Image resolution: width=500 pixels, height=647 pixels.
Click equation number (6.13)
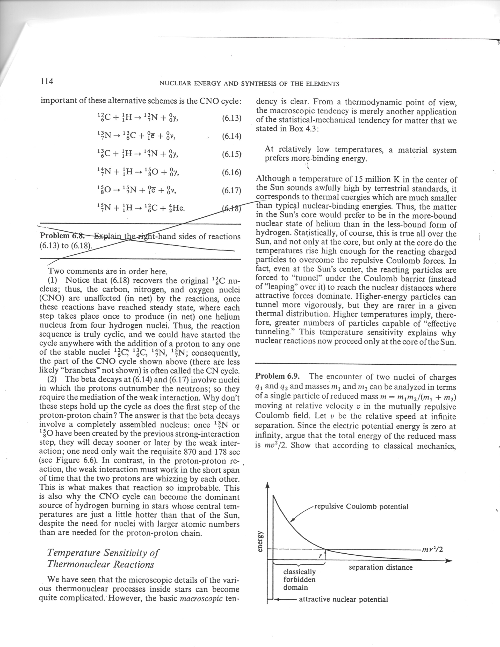pyautogui.click(x=232, y=119)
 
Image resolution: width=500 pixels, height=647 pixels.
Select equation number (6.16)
pyautogui.click(x=232, y=172)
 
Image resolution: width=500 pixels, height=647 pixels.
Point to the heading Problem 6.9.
pyautogui.click(x=277, y=377)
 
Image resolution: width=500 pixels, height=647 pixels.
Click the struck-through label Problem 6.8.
pyautogui.click(x=62, y=236)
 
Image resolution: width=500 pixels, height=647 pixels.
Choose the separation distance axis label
pyautogui.click(x=381, y=567)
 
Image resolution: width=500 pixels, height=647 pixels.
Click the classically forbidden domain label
pyautogui.click(x=299, y=579)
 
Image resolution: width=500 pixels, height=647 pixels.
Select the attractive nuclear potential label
pyautogui.click(x=343, y=600)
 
